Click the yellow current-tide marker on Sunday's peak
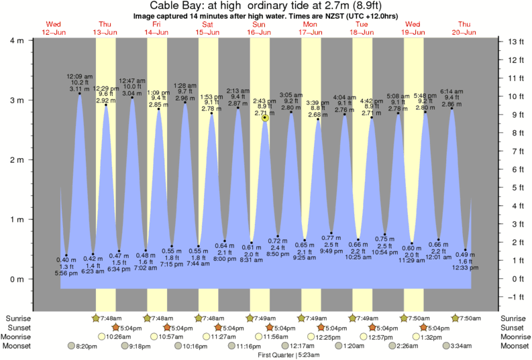click(x=266, y=118)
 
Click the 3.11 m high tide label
click(x=79, y=88)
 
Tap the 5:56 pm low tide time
click(x=66, y=273)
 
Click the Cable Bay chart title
click(x=266, y=6)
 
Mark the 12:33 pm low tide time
click(x=465, y=267)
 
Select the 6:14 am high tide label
click(x=451, y=91)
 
